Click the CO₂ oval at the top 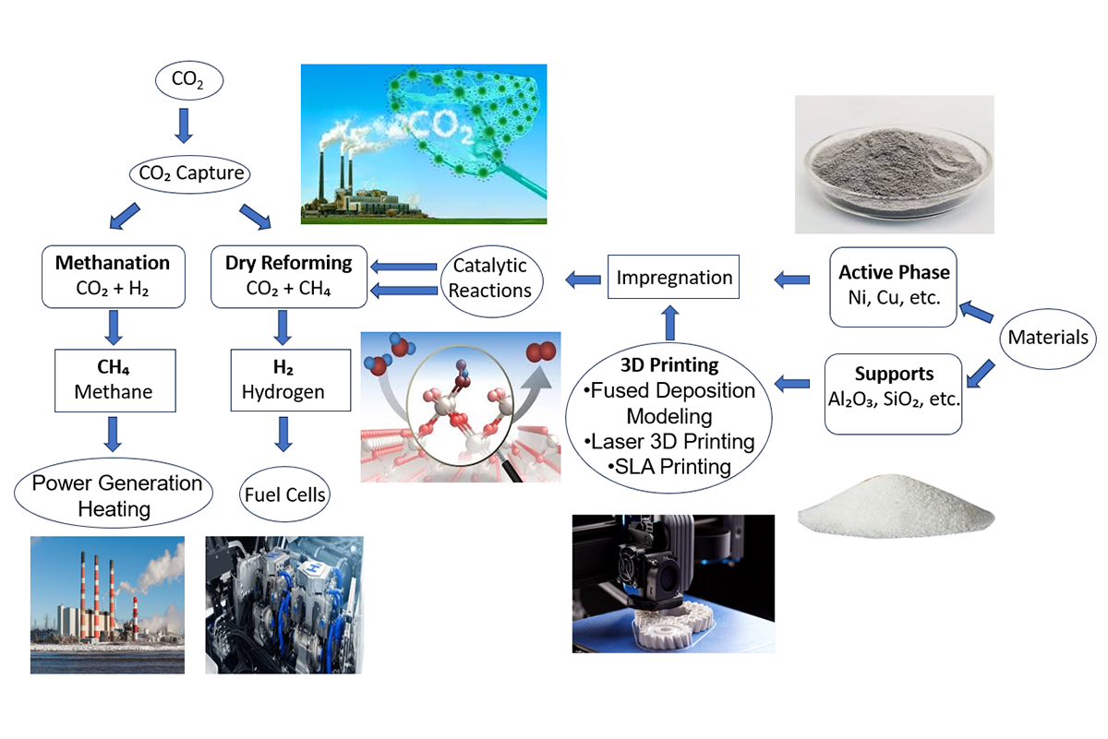pos(189,80)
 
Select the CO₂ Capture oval pos(190,174)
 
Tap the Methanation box pos(114,277)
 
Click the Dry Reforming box pos(289,277)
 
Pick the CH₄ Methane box pos(114,381)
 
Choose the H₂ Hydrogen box pos(291,380)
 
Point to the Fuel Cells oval pos(285,495)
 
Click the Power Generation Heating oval pos(114,493)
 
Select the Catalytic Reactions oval pos(491,280)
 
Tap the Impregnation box pos(674,277)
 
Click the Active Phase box pos(894,287)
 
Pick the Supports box pos(894,394)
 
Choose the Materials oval pos(1048,339)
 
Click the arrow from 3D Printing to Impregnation pos(670,323)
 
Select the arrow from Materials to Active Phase pos(976,312)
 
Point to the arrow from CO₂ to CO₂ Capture pos(184,126)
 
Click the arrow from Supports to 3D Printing pos(792,384)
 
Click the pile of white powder pos(896,506)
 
